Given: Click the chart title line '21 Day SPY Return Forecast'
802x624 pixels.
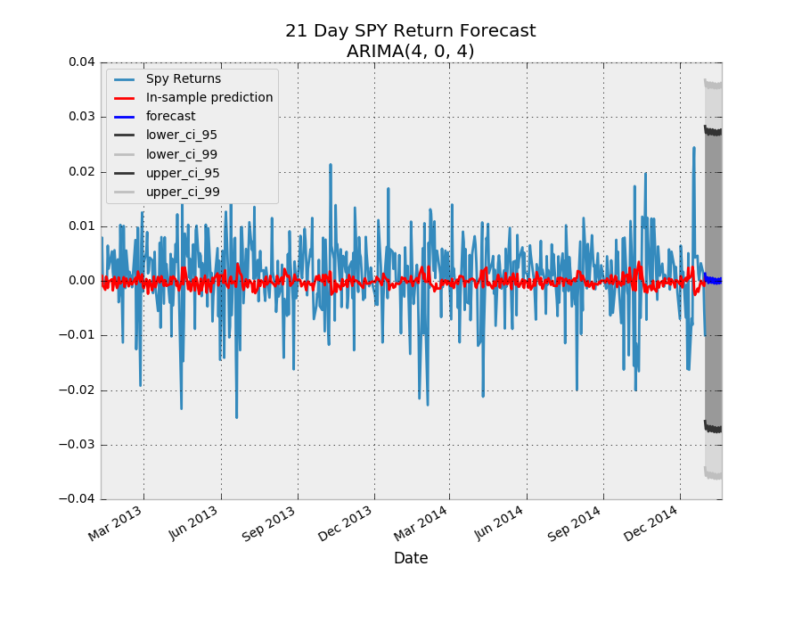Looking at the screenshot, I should (410, 31).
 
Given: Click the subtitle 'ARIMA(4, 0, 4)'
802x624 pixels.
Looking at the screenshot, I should (410, 52).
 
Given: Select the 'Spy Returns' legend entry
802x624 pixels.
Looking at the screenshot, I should (184, 78).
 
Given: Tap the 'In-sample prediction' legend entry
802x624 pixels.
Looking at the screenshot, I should (209, 97).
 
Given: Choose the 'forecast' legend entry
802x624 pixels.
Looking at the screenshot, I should (170, 116).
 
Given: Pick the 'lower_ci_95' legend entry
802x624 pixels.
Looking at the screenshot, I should (182, 135).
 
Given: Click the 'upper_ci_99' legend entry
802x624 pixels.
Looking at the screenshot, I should (183, 192).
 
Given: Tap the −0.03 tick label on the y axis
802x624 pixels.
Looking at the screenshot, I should (77, 445).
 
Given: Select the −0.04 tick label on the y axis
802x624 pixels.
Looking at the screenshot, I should (77, 499).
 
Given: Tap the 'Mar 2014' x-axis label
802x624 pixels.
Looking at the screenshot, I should (423, 524).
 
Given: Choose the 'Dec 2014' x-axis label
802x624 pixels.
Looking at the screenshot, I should (654, 524).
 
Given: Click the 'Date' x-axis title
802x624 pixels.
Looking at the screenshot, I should (411, 558).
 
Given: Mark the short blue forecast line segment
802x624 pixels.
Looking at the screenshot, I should (713, 280).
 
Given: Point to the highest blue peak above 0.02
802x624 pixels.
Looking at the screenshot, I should (694, 148).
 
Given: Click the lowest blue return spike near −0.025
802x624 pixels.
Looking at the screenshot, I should (236, 416).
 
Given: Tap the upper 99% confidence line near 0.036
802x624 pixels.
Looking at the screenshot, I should (713, 85).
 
